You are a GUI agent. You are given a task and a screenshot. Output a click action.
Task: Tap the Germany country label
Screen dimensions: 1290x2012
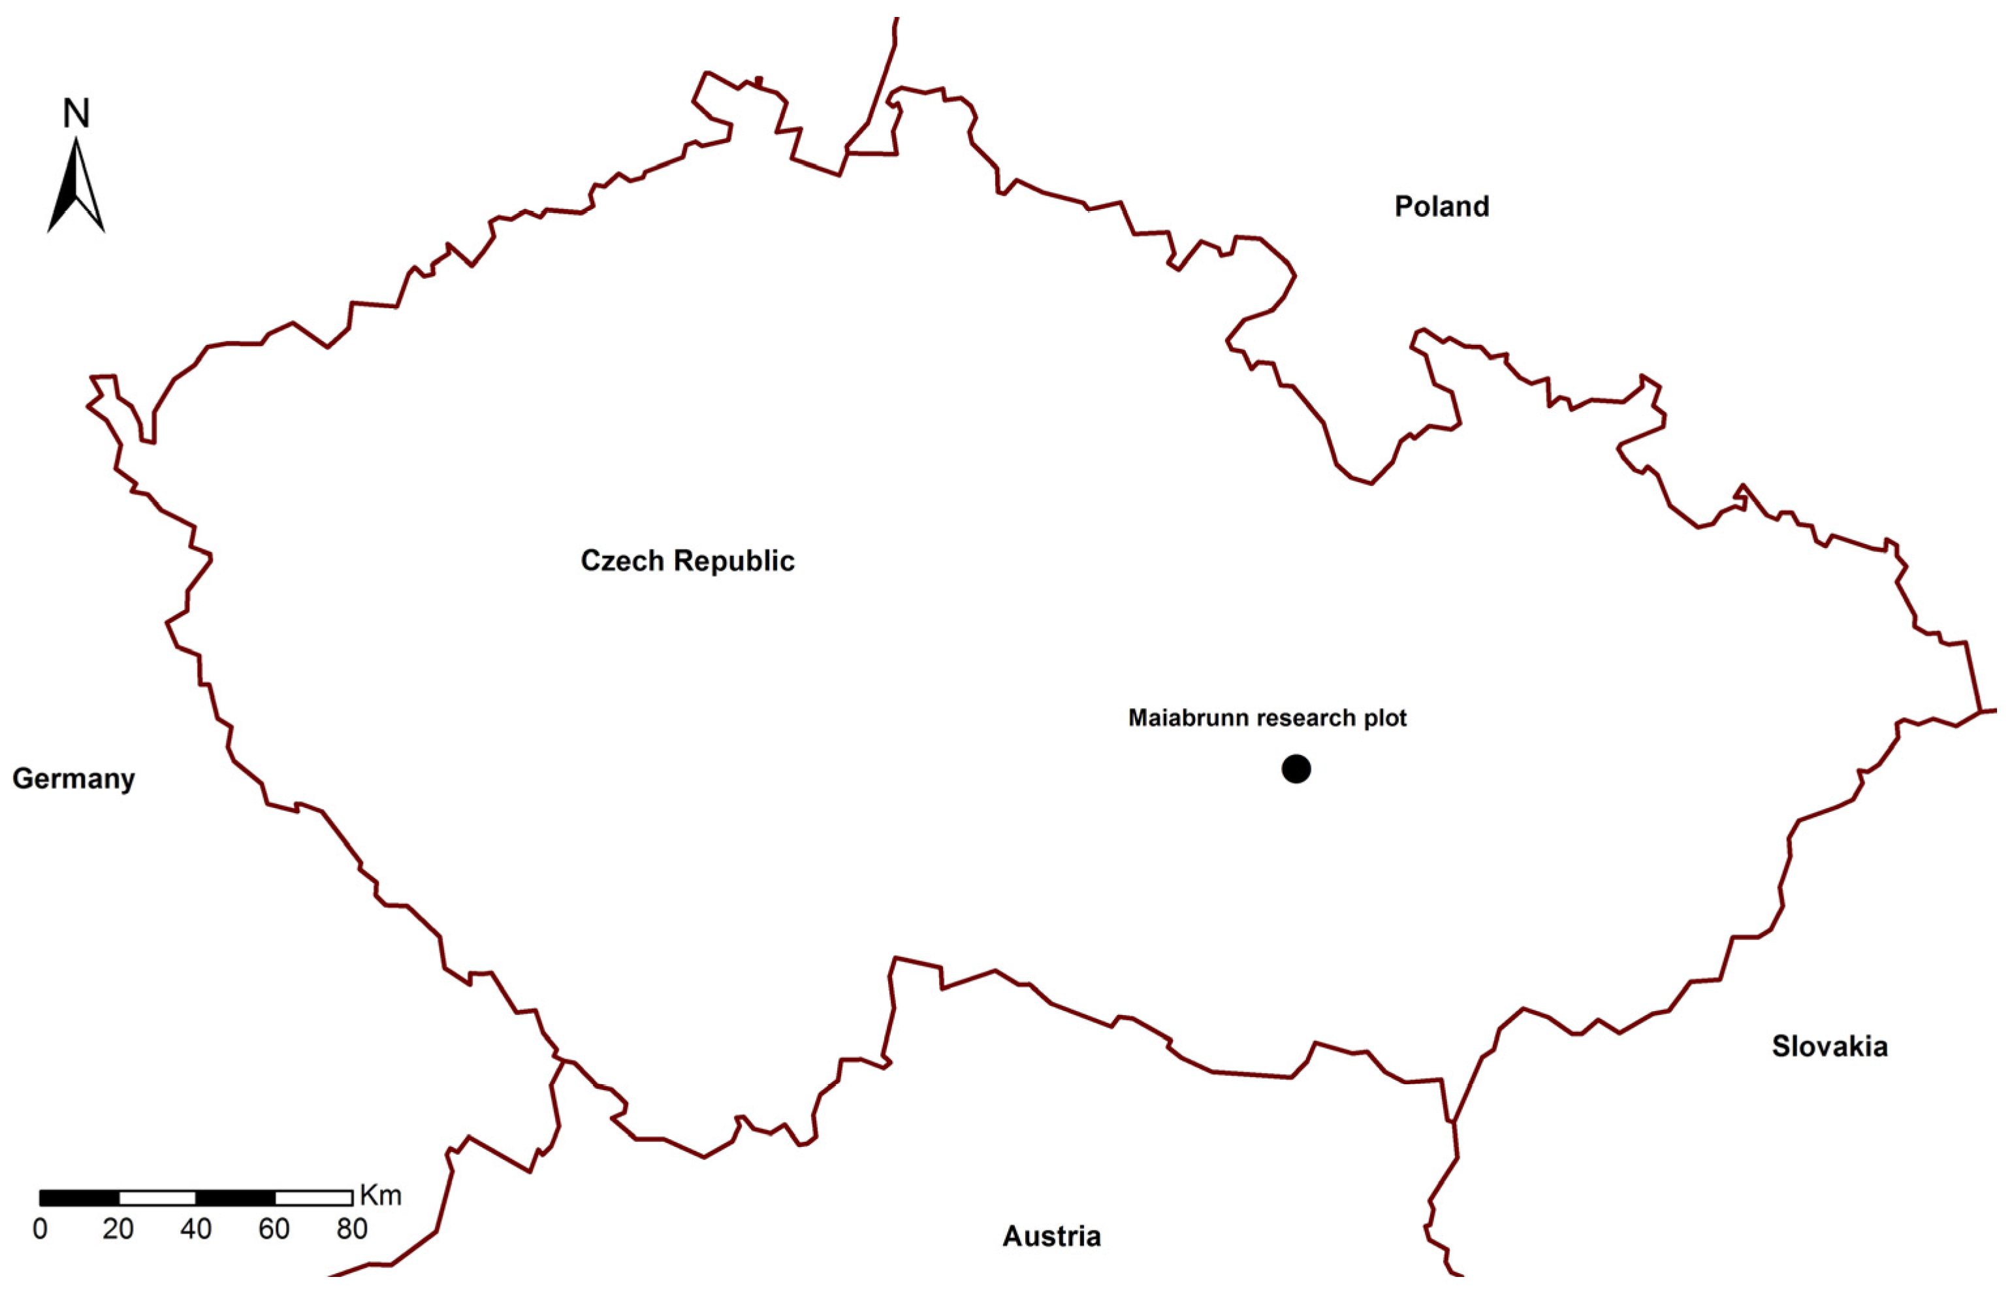point(74,779)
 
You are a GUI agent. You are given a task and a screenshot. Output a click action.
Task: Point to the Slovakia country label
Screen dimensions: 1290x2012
point(1829,1046)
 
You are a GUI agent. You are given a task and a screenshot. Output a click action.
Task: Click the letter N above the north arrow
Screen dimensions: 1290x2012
point(76,114)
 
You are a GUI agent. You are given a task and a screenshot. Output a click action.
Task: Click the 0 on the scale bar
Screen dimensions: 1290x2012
point(40,1229)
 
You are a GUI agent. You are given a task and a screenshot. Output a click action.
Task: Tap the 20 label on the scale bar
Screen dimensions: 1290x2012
point(118,1229)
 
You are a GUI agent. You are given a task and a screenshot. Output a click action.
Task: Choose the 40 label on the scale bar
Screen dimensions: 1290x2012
point(196,1229)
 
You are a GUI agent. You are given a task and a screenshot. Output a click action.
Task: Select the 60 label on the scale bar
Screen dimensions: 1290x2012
point(274,1229)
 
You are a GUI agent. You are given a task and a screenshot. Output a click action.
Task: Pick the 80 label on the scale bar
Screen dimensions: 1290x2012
point(352,1229)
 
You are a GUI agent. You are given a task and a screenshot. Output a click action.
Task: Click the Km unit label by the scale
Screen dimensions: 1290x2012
point(380,1195)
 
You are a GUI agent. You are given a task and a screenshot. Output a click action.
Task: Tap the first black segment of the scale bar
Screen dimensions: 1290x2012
point(80,1197)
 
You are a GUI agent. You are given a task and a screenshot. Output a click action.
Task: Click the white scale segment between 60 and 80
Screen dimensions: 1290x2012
point(313,1197)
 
